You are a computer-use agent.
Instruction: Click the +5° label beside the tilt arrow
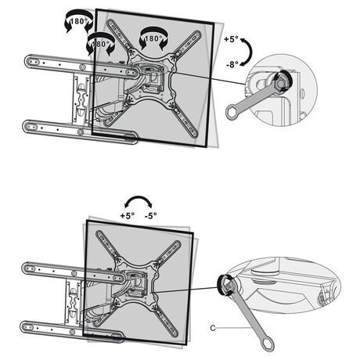pyautogui.click(x=231, y=39)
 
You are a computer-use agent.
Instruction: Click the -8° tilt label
pyautogui.click(x=232, y=64)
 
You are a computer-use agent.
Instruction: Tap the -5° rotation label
pyautogui.click(x=151, y=216)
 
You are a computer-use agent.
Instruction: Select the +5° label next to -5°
pyautogui.click(x=128, y=216)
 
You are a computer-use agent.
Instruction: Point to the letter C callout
pyautogui.click(x=213, y=328)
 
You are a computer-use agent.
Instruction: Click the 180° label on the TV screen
pyautogui.click(x=152, y=38)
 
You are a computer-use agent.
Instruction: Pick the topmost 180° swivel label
pyautogui.click(x=78, y=21)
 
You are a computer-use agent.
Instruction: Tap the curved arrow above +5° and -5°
pyautogui.click(x=139, y=199)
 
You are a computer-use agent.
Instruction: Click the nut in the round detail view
pyautogui.click(x=281, y=83)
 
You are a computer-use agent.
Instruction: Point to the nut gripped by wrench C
pyautogui.click(x=225, y=285)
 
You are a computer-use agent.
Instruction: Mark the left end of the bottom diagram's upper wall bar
pyautogui.click(x=29, y=268)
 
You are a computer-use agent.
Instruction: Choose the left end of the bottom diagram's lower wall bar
pyautogui.click(x=27, y=327)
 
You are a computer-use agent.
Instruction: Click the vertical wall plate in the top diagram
pyautogui.click(x=81, y=99)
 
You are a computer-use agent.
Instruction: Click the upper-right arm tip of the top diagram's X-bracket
pyautogui.click(x=196, y=36)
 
